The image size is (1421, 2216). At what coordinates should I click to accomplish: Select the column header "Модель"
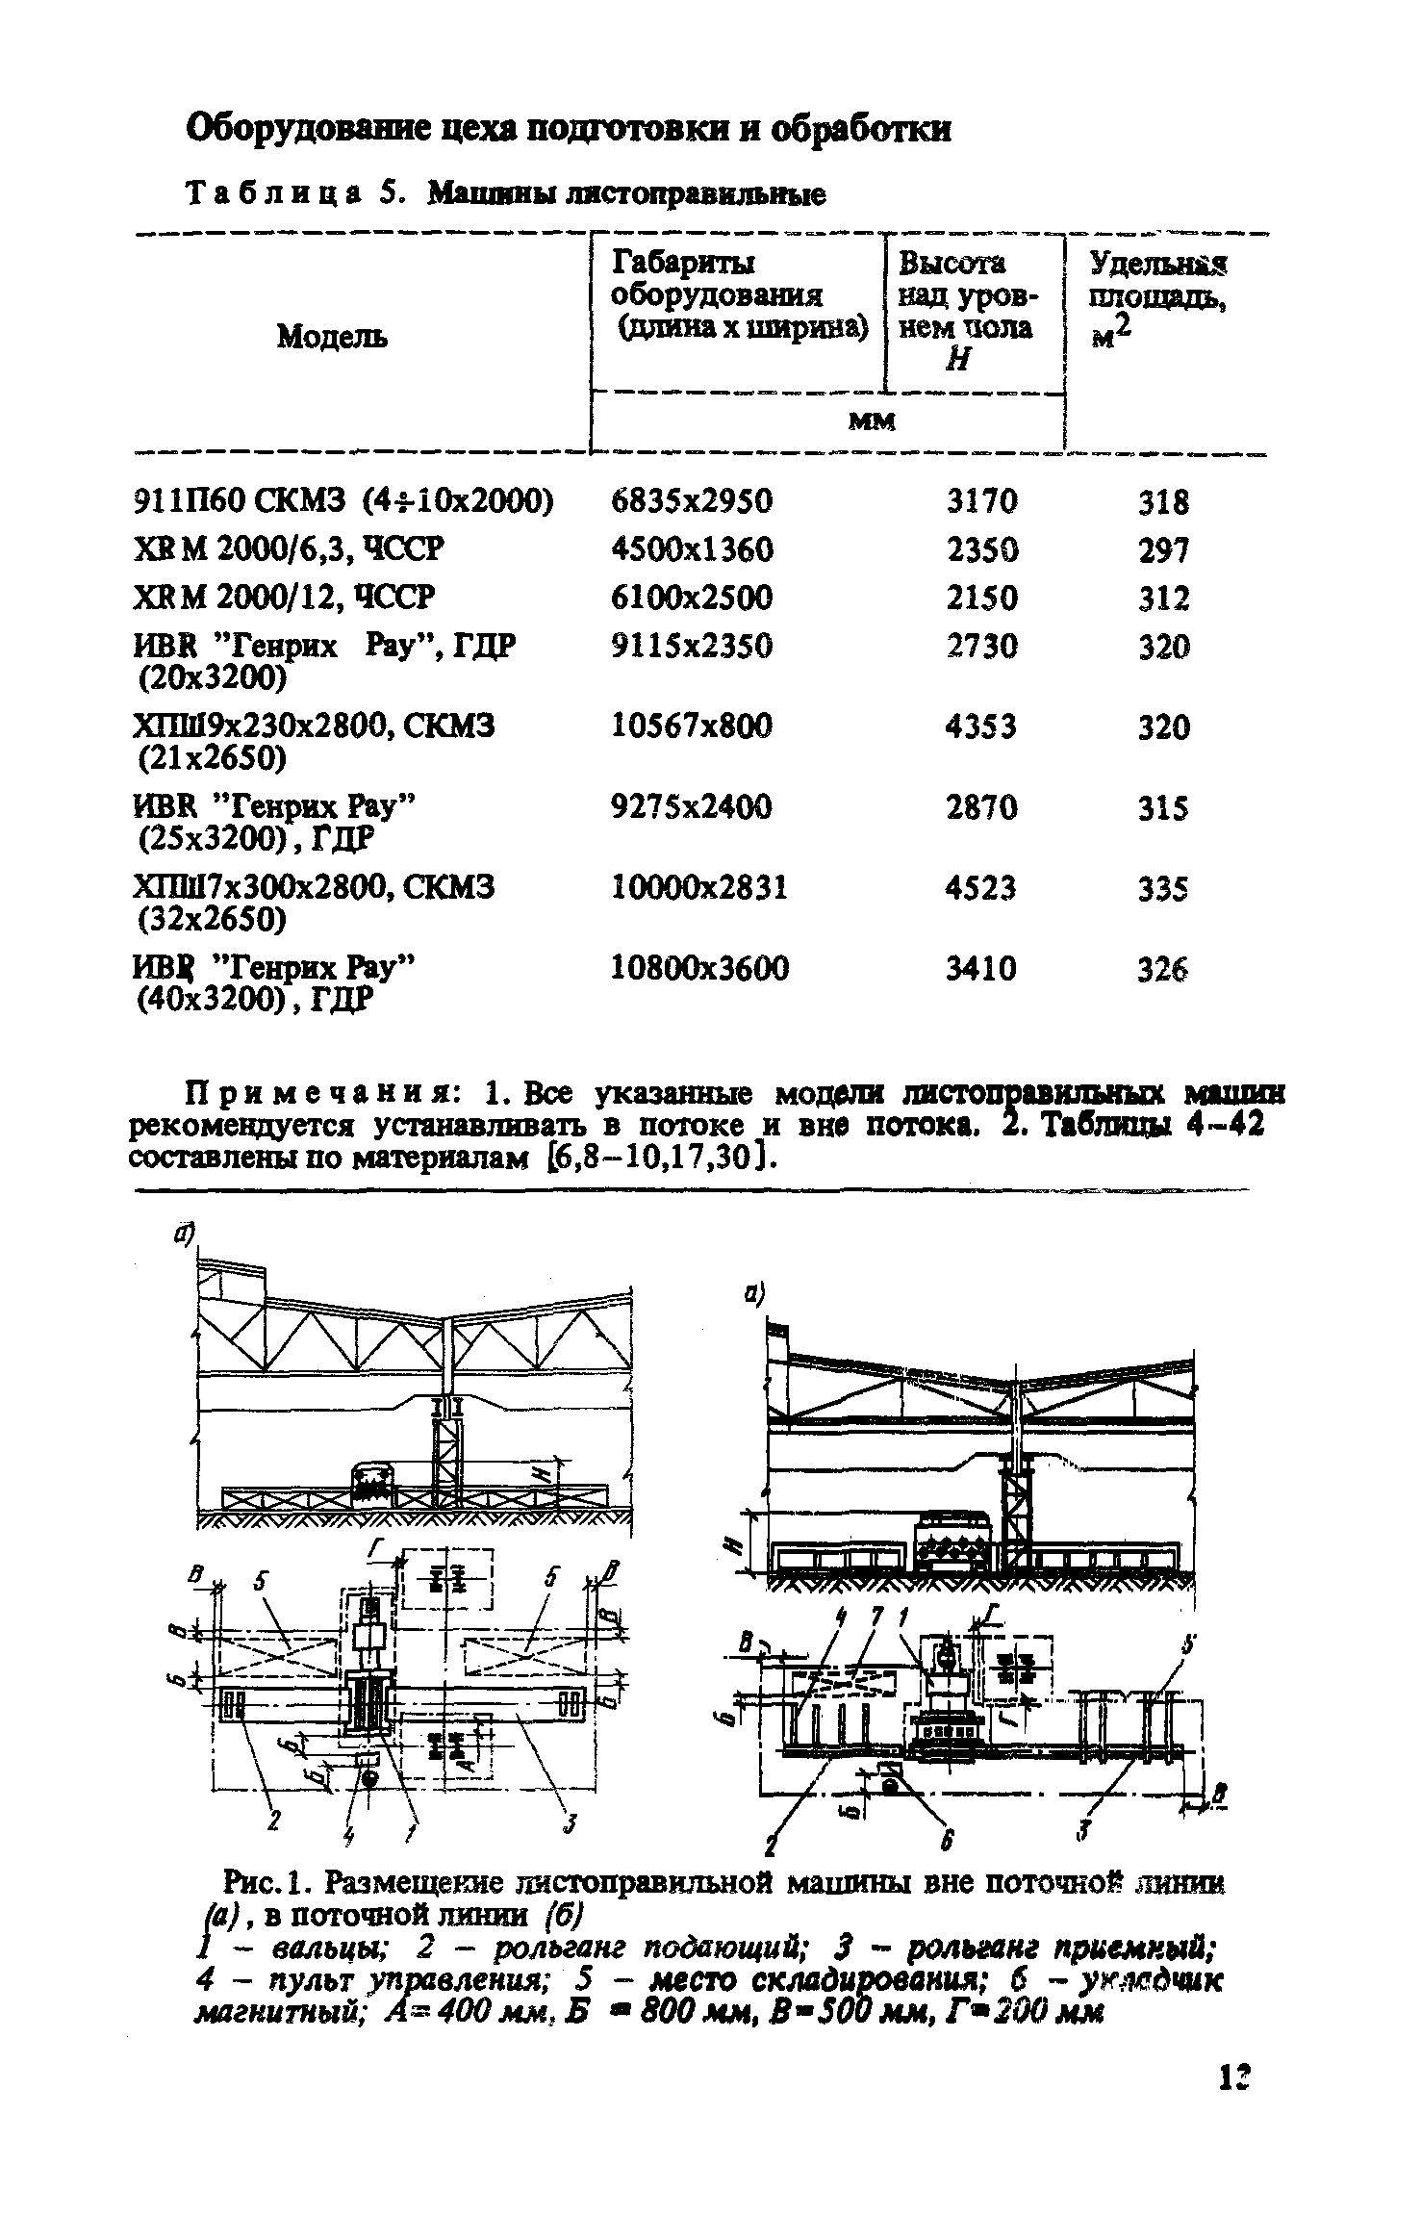(332, 336)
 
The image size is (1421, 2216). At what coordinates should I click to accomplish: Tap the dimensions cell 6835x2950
(692, 501)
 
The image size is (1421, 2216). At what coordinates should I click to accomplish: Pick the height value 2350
(981, 549)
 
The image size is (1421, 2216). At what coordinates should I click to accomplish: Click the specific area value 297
(1163, 550)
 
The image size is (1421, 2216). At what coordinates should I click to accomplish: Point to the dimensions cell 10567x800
(692, 726)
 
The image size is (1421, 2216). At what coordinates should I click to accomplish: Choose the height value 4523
(980, 886)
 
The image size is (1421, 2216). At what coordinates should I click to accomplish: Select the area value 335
(1163, 888)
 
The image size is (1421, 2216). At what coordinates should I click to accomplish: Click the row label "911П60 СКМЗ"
(238, 501)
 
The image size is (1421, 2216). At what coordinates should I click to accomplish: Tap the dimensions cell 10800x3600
(699, 967)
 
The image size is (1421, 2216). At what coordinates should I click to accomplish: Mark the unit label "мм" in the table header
(872, 420)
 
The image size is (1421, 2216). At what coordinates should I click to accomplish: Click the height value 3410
(980, 967)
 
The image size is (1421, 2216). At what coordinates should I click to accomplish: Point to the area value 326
(1163, 969)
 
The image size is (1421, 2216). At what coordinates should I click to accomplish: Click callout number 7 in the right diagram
(875, 1621)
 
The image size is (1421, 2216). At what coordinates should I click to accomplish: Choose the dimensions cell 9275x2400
(692, 806)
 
